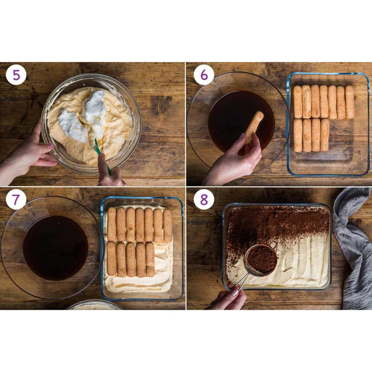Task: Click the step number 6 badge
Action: click(203, 76)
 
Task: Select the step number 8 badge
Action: click(203, 200)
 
